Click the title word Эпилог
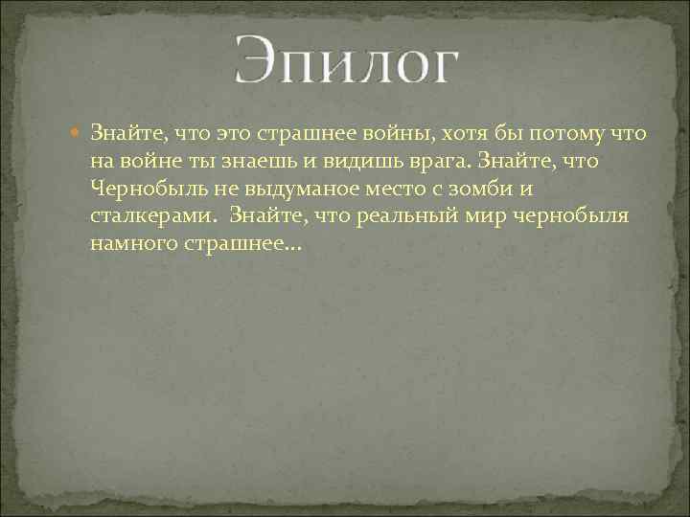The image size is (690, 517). pyautogui.click(x=346, y=63)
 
